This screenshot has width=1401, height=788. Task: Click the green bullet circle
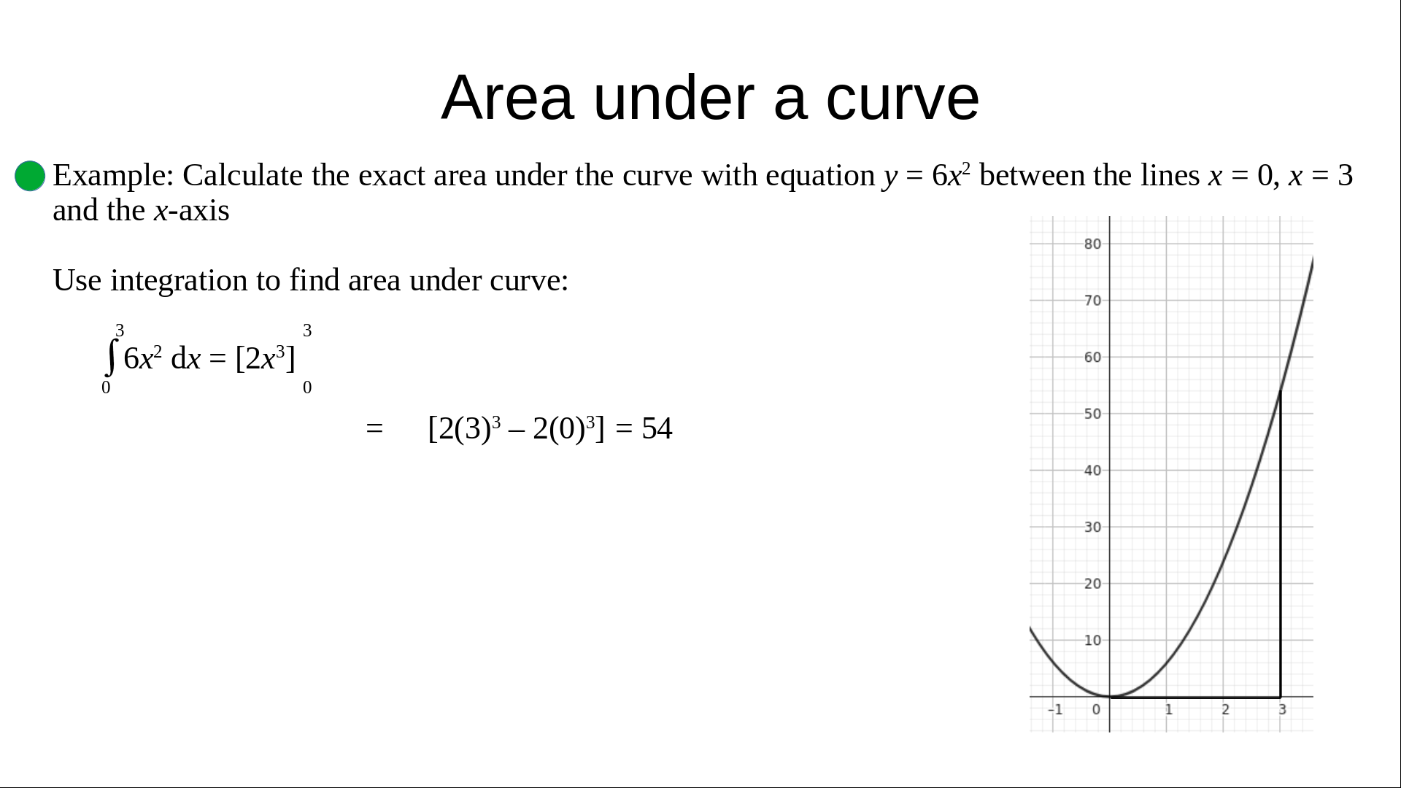click(30, 176)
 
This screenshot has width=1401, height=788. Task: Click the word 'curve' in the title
click(903, 98)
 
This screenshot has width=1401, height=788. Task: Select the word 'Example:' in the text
click(113, 176)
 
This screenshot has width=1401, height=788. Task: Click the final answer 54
click(657, 428)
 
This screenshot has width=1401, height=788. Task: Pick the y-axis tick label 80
click(1092, 244)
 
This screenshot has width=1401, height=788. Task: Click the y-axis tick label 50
click(1092, 414)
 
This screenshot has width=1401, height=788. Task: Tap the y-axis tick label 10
click(1092, 641)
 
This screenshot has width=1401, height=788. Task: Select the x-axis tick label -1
click(1055, 709)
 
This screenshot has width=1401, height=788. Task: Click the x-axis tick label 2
click(1225, 709)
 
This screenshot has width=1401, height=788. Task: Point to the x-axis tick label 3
click(1282, 709)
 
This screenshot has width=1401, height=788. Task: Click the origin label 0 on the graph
click(1096, 709)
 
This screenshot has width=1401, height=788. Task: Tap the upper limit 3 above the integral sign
click(120, 331)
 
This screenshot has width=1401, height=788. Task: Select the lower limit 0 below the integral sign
click(106, 387)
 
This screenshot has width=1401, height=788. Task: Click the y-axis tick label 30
click(1092, 527)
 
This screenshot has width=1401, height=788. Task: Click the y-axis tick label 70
click(1092, 301)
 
